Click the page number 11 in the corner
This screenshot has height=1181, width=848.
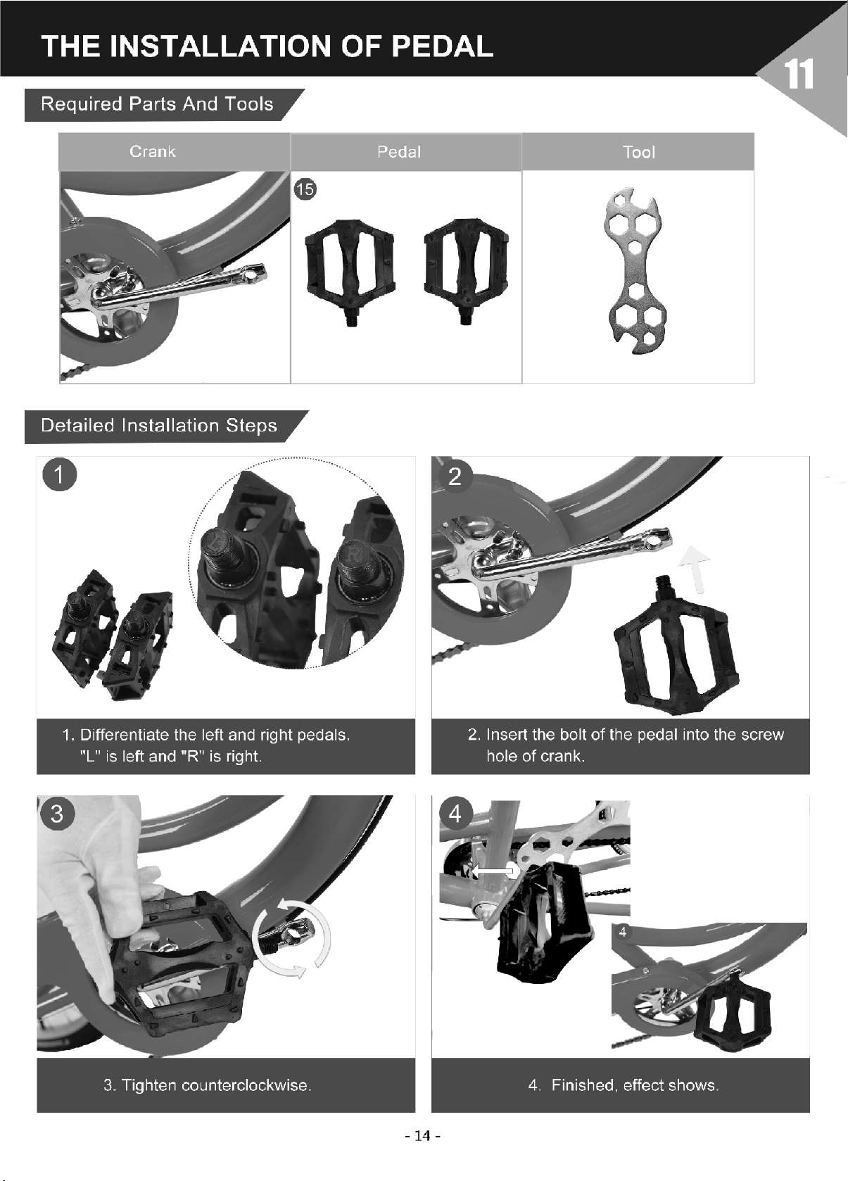tap(799, 75)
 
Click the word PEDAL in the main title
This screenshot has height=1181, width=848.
tap(442, 46)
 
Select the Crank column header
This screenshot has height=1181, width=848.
tap(152, 152)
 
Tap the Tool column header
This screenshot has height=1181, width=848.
tap(638, 152)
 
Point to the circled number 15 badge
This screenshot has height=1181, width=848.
tap(305, 189)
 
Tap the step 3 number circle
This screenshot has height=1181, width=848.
tap(57, 814)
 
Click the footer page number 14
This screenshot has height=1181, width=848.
tap(423, 1136)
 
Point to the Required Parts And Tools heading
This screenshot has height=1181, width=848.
tap(157, 104)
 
